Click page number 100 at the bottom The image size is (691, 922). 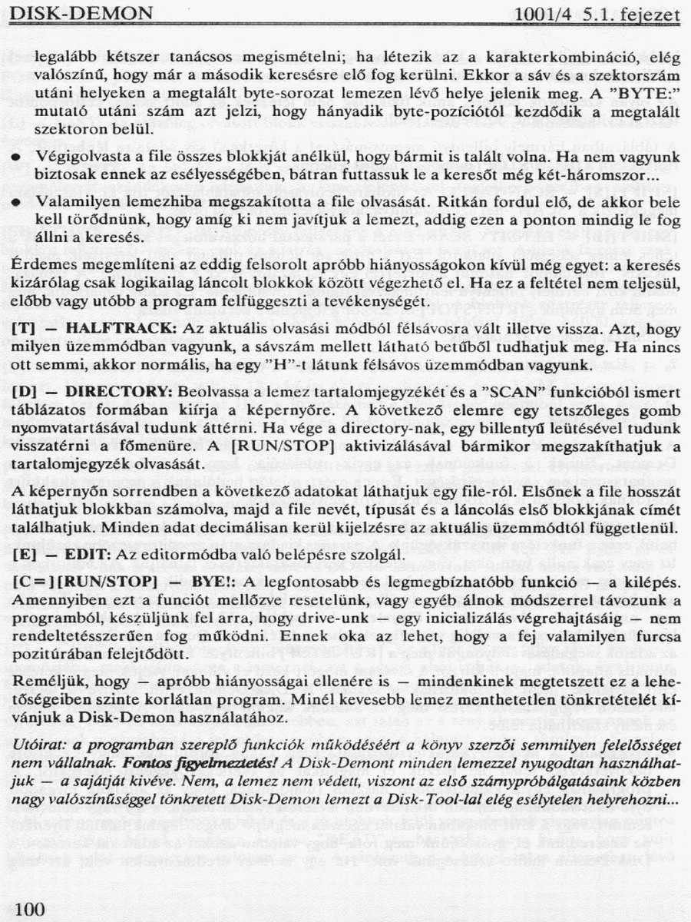pos(30,909)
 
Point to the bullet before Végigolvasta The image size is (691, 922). pos(16,158)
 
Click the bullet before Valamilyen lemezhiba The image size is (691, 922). pos(16,204)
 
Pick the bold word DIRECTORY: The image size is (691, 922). pos(125,392)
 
